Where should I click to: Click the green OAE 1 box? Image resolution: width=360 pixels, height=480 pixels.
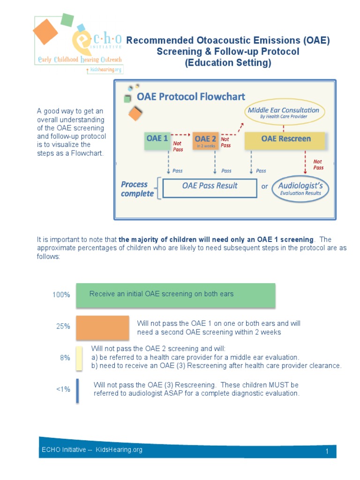[x=157, y=141]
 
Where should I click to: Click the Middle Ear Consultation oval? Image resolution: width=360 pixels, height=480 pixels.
[x=284, y=113]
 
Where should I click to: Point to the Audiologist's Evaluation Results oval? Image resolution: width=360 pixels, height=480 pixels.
[x=300, y=189]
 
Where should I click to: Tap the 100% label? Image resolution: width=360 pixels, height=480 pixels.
[x=61, y=295]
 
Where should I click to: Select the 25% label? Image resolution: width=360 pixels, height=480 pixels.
[x=63, y=326]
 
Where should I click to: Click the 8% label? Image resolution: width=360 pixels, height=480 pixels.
[x=65, y=358]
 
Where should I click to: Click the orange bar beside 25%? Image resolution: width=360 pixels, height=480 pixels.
[x=102, y=327]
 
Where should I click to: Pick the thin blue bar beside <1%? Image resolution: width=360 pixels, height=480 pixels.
[x=77, y=390]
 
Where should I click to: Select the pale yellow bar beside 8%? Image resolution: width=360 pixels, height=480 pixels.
[x=79, y=359]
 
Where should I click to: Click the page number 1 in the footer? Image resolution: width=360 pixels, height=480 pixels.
[x=327, y=451]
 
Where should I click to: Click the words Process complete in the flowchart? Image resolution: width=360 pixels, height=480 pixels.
[x=137, y=189]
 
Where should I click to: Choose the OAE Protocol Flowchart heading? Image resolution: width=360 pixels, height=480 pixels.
[x=191, y=97]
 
